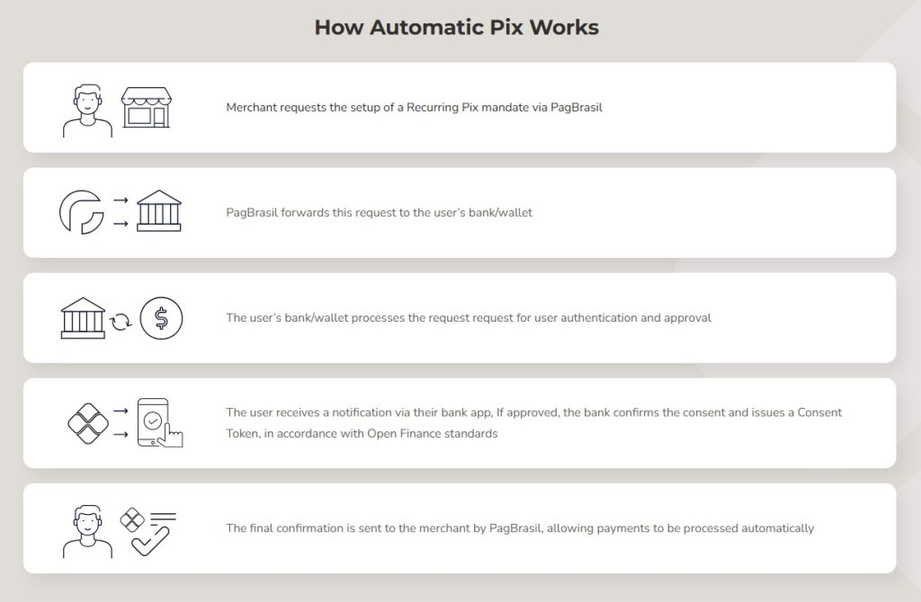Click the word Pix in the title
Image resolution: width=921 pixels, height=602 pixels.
tap(506, 28)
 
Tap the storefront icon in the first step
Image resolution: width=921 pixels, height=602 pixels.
tap(147, 108)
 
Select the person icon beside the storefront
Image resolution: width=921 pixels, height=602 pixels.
tap(87, 111)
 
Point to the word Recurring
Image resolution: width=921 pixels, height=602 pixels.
tap(433, 108)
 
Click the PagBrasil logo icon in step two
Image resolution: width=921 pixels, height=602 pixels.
tap(82, 212)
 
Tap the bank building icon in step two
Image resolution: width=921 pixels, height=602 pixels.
tap(158, 210)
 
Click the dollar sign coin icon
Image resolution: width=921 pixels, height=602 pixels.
tap(161, 318)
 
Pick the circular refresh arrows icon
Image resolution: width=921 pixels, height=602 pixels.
tap(121, 322)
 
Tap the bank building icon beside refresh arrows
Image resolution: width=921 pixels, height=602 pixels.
tap(83, 318)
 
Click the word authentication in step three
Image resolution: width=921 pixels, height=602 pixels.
tap(598, 318)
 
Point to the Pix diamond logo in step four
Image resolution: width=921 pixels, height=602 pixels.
tap(88, 423)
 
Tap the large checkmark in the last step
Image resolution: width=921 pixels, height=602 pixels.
tap(150, 541)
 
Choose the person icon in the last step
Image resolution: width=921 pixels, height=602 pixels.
tap(87, 531)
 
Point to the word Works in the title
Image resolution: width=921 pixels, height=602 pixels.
tap(564, 28)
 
